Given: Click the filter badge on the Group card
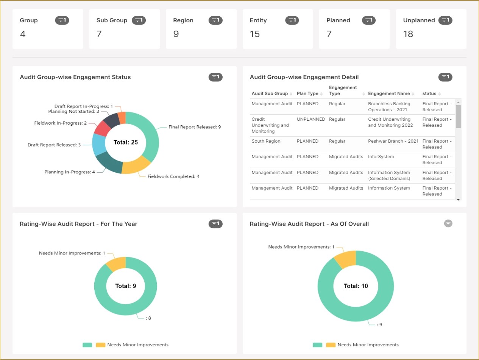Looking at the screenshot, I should pyautogui.click(x=62, y=20).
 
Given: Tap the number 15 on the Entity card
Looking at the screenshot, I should pyautogui.click(x=255, y=34).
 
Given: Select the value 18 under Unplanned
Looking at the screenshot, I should pyautogui.click(x=408, y=34).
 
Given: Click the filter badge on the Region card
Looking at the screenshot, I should pyautogui.click(x=215, y=20).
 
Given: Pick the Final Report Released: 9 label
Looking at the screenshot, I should pyautogui.click(x=195, y=127).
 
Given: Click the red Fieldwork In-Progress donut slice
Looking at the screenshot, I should pyautogui.click(x=101, y=128).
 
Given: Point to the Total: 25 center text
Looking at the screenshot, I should pyautogui.click(x=126, y=142).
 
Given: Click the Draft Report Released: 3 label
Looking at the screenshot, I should pyautogui.click(x=54, y=145).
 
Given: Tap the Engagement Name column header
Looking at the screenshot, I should pyautogui.click(x=389, y=94).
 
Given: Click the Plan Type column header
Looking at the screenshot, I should pyautogui.click(x=307, y=94).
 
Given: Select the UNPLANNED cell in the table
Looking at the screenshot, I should pyautogui.click(x=311, y=119).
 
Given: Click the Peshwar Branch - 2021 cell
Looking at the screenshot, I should pyautogui.click(x=393, y=141).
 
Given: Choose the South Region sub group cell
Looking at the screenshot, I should pyautogui.click(x=266, y=141).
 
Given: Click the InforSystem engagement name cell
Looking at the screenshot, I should pyautogui.click(x=381, y=157).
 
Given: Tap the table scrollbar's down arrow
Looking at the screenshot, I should pyautogui.click(x=458, y=199).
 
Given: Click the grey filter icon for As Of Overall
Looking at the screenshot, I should pyautogui.click(x=448, y=223).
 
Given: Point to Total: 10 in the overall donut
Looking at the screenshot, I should pyautogui.click(x=356, y=286).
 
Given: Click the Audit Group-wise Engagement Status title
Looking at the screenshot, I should pyautogui.click(x=75, y=77).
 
